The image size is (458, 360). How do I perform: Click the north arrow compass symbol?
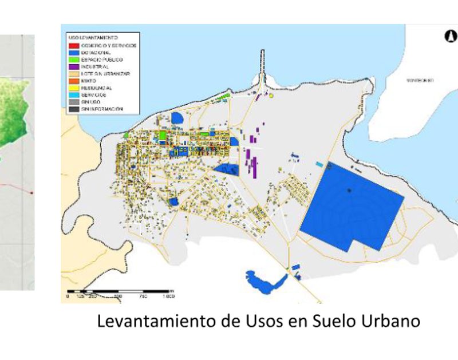click(x=450, y=36)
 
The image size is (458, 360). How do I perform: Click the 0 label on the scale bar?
click(x=68, y=296)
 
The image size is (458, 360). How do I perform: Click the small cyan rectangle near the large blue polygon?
click(x=319, y=164)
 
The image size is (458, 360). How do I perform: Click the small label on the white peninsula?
click(x=420, y=81)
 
